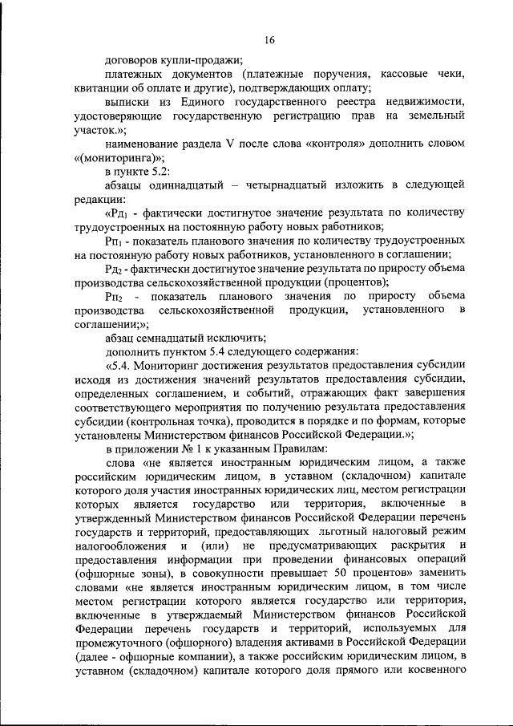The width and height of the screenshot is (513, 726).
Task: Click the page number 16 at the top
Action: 269,39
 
